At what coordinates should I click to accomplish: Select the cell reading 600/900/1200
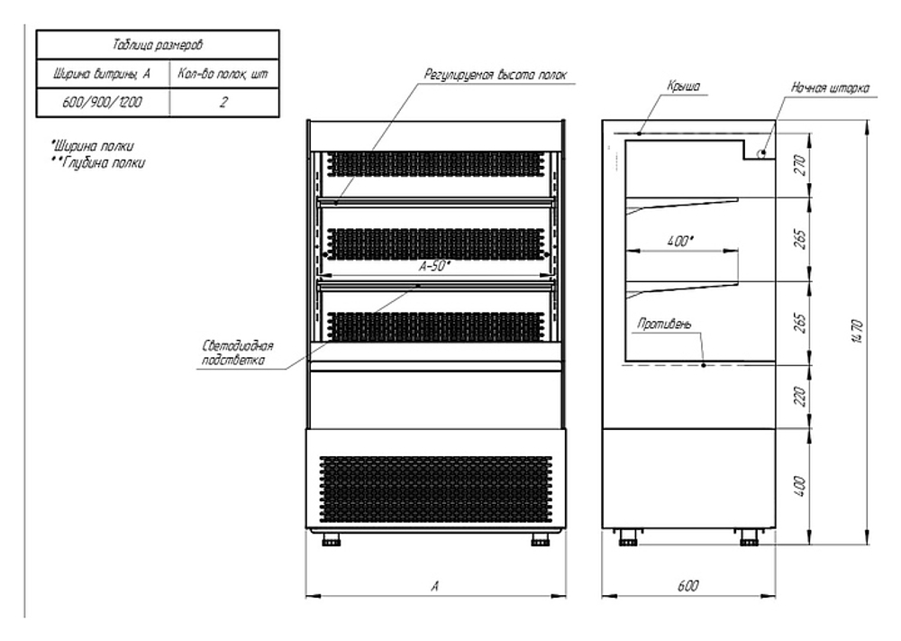[x=101, y=103]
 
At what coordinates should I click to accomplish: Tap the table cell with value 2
[x=223, y=103]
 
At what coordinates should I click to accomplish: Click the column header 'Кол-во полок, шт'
[x=223, y=73]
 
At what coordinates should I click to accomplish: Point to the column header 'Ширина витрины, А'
[x=101, y=73]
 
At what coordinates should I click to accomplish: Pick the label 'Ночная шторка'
[x=830, y=88]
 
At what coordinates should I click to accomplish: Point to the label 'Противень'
[x=664, y=324]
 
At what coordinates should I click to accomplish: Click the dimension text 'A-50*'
[x=434, y=267]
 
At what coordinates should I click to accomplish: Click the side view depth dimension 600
[x=687, y=585]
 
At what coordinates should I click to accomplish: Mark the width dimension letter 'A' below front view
[x=434, y=585]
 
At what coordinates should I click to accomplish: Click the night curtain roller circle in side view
[x=761, y=153]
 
